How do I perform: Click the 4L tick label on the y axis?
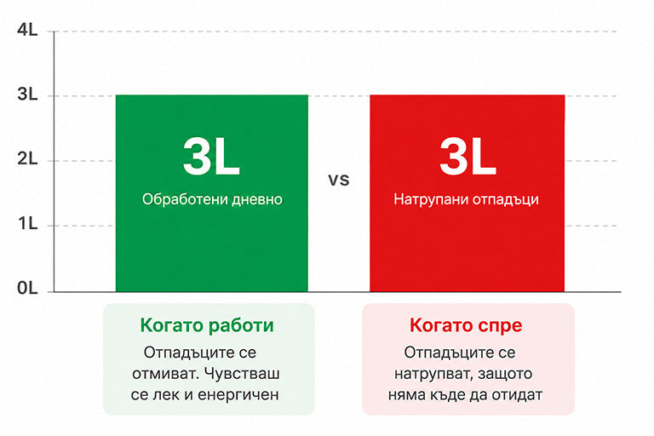(x=27, y=30)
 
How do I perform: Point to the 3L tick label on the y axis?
(x=27, y=95)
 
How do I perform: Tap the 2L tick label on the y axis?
(x=27, y=159)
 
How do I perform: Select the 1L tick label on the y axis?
(x=28, y=224)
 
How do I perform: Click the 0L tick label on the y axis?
(x=27, y=288)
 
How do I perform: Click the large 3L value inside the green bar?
(x=211, y=157)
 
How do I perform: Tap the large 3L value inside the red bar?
(x=468, y=157)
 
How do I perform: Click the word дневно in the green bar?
(x=257, y=200)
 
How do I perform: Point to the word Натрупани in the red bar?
(x=427, y=200)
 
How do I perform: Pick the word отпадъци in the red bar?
(x=502, y=200)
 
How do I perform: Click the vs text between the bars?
(x=339, y=181)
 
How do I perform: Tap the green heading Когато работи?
(x=207, y=325)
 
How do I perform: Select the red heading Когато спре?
(x=466, y=325)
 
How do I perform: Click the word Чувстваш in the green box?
(x=243, y=374)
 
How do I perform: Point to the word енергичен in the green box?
(x=238, y=394)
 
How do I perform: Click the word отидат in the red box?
(x=517, y=394)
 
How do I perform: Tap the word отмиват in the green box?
(x=166, y=374)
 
